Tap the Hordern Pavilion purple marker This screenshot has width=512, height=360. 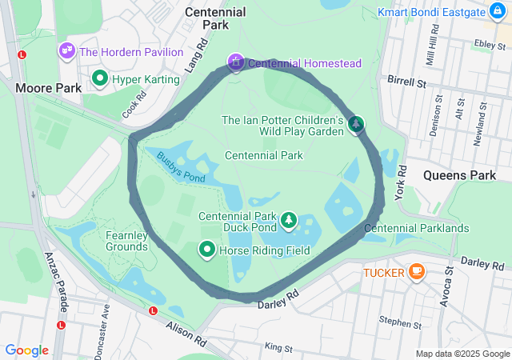pos(66,51)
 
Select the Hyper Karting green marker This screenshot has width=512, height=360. pos(100,78)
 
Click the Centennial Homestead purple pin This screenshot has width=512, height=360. pos(235,62)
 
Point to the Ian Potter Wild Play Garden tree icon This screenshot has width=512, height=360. pos(356,124)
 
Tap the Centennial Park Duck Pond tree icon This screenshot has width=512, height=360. pos(288,219)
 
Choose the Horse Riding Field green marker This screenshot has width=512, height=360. pos(207,250)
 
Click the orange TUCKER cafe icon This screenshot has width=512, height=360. pos(415,272)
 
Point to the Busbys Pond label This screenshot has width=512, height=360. pos(181,167)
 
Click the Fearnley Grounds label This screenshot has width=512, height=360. pos(126,241)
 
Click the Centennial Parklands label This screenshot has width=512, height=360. pos(416,228)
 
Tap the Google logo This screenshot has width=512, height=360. pos(26,350)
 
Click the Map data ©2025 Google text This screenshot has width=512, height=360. pos(462,354)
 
